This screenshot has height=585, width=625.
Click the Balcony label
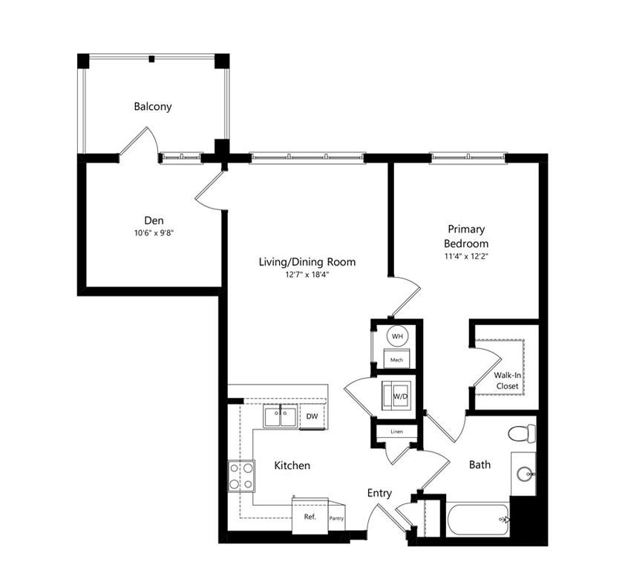(x=153, y=107)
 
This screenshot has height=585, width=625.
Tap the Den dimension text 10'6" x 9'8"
(x=154, y=233)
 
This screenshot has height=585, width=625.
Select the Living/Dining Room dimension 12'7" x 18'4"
(x=307, y=275)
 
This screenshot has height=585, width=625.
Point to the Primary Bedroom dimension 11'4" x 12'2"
(x=466, y=256)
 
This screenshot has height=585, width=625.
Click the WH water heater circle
(x=397, y=336)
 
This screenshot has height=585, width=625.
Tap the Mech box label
(x=396, y=360)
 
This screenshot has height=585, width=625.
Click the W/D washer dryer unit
(x=396, y=396)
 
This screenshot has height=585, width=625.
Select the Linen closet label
(x=396, y=431)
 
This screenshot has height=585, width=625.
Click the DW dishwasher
(x=312, y=416)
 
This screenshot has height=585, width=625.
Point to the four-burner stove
(x=241, y=476)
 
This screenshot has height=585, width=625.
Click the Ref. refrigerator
(x=310, y=516)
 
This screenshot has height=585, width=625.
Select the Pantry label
(x=336, y=518)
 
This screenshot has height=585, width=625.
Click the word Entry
(x=379, y=493)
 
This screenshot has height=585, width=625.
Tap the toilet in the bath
(x=522, y=434)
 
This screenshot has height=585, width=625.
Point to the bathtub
(x=478, y=520)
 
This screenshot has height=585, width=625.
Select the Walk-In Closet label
(x=508, y=380)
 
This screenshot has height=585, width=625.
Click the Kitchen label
(x=292, y=465)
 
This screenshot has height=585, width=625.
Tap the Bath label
(x=480, y=465)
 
